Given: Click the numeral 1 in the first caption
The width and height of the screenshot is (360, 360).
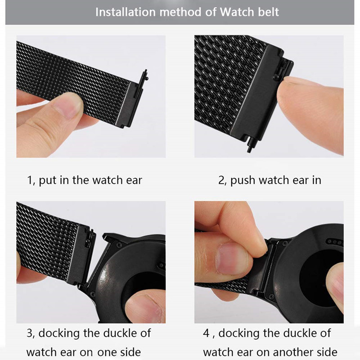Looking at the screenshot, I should pos(29,181).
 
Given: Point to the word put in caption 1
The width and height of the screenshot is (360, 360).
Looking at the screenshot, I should pos(47,181).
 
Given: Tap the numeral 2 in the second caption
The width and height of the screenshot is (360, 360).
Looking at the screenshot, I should pos(221,181).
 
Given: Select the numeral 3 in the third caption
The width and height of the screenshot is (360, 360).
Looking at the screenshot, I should pos(30,333).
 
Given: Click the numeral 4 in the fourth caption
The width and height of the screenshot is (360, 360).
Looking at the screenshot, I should pos(206,333).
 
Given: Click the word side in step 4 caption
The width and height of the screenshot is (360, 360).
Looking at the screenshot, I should pos(326,351).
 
